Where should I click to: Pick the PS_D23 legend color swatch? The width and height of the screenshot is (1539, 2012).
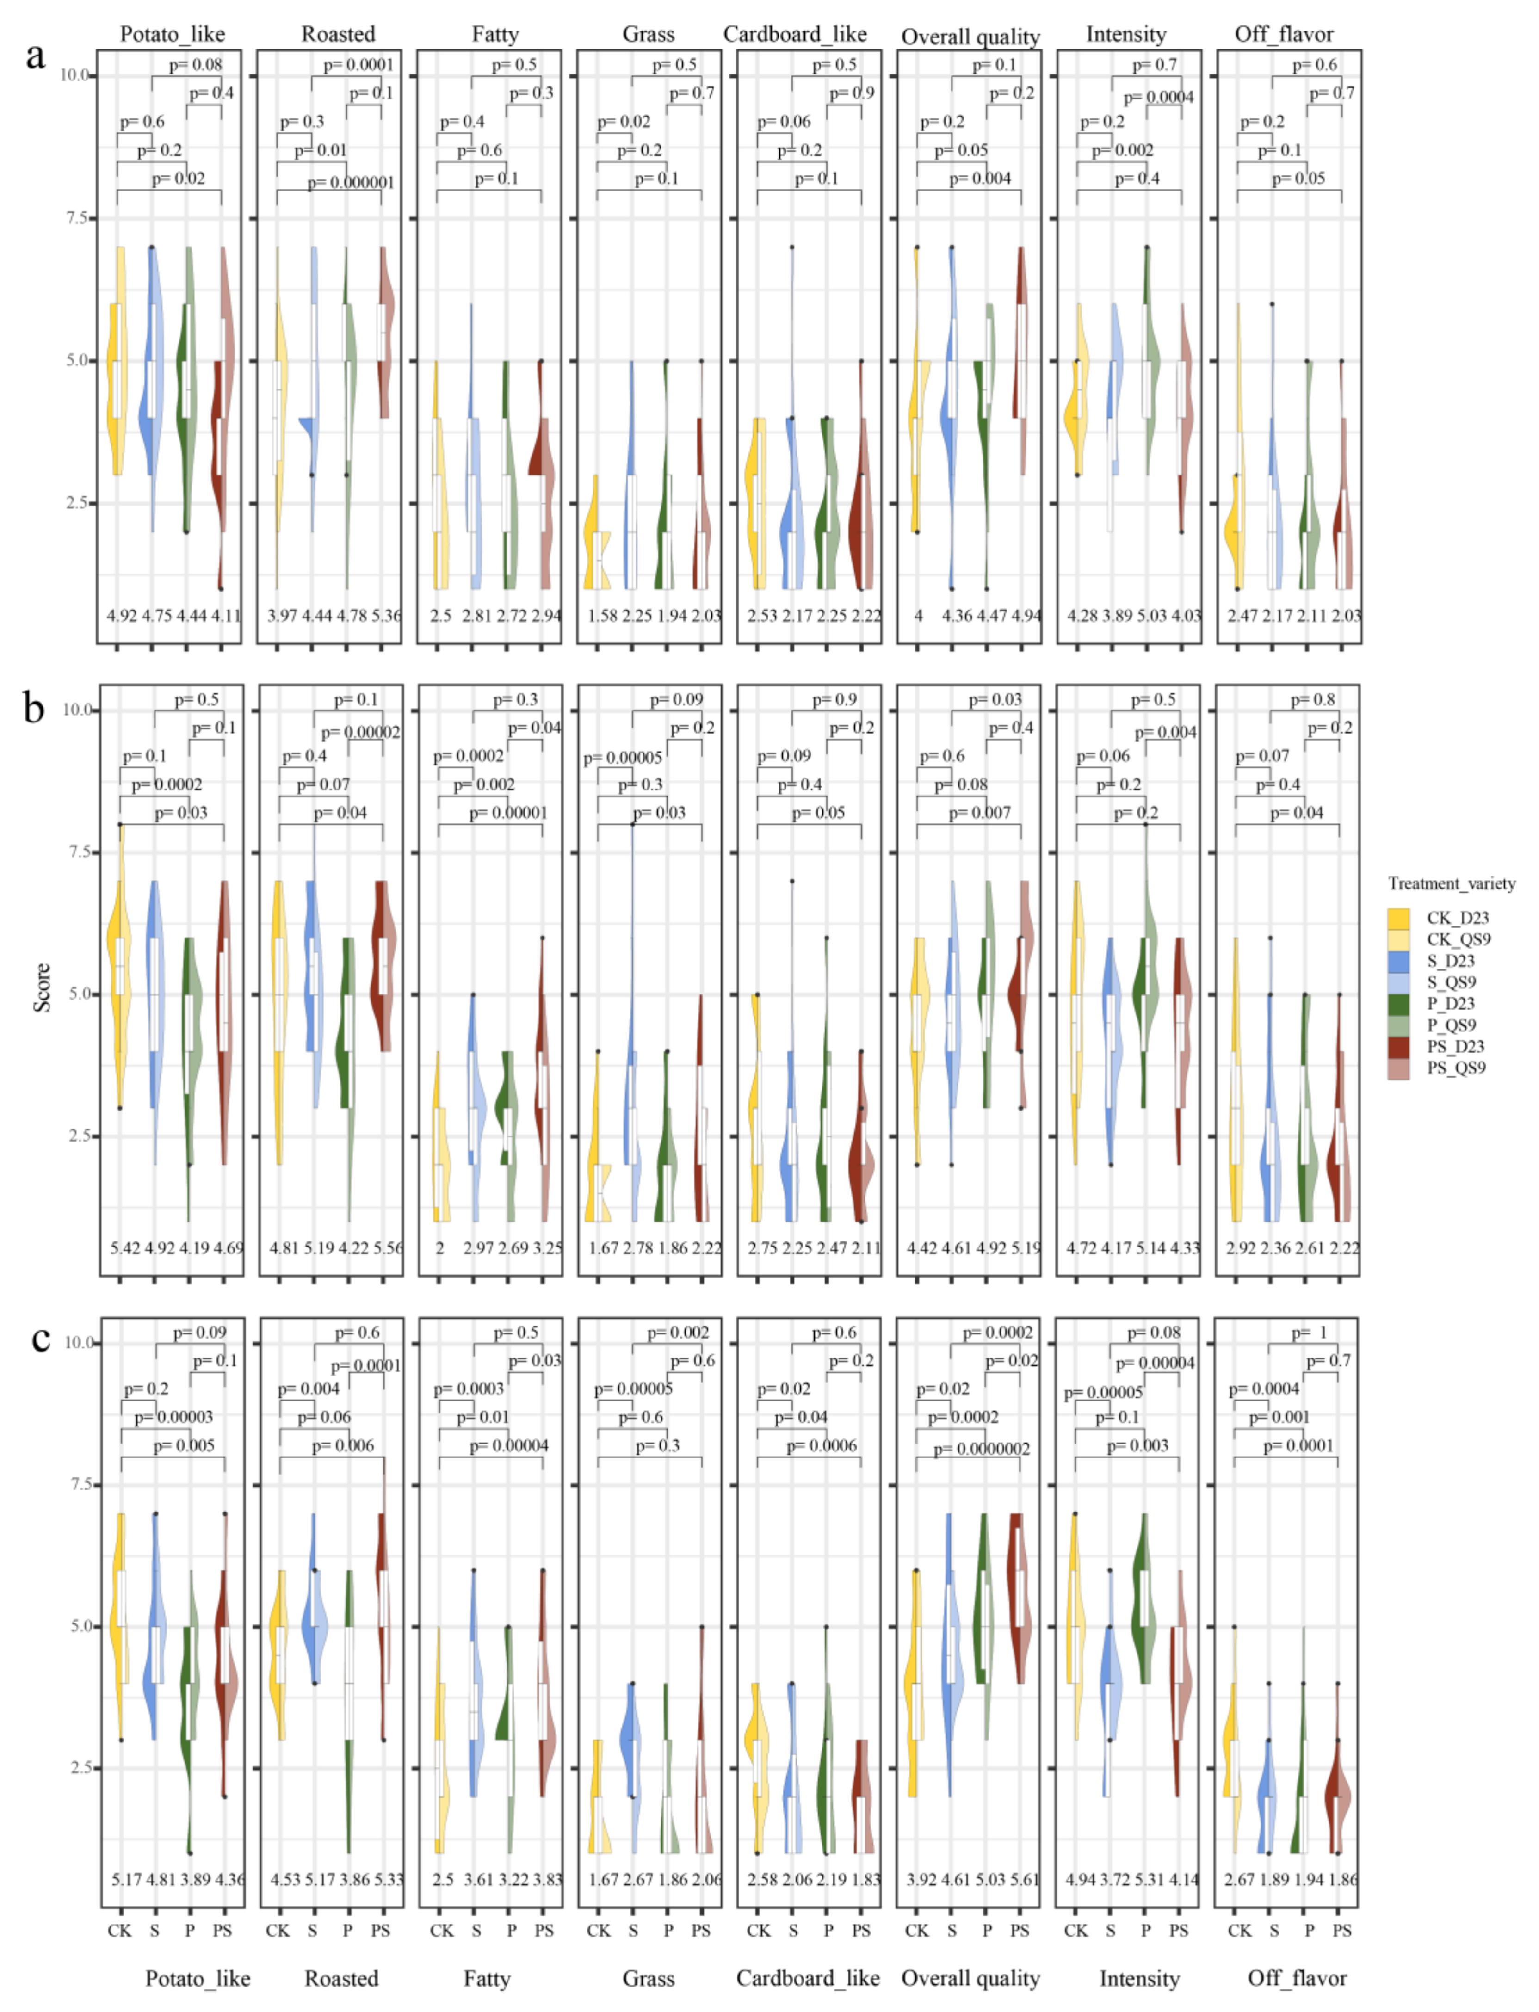[1398, 1046]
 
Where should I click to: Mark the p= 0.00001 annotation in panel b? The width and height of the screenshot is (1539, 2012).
[508, 812]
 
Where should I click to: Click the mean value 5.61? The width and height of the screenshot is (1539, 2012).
[1024, 1878]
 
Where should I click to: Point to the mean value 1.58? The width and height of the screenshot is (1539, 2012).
[603, 616]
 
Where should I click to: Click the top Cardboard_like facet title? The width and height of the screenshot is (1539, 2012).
[795, 34]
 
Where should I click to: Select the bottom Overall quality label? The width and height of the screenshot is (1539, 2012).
[970, 1978]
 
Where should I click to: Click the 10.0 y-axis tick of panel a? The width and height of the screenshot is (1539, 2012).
[74, 75]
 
